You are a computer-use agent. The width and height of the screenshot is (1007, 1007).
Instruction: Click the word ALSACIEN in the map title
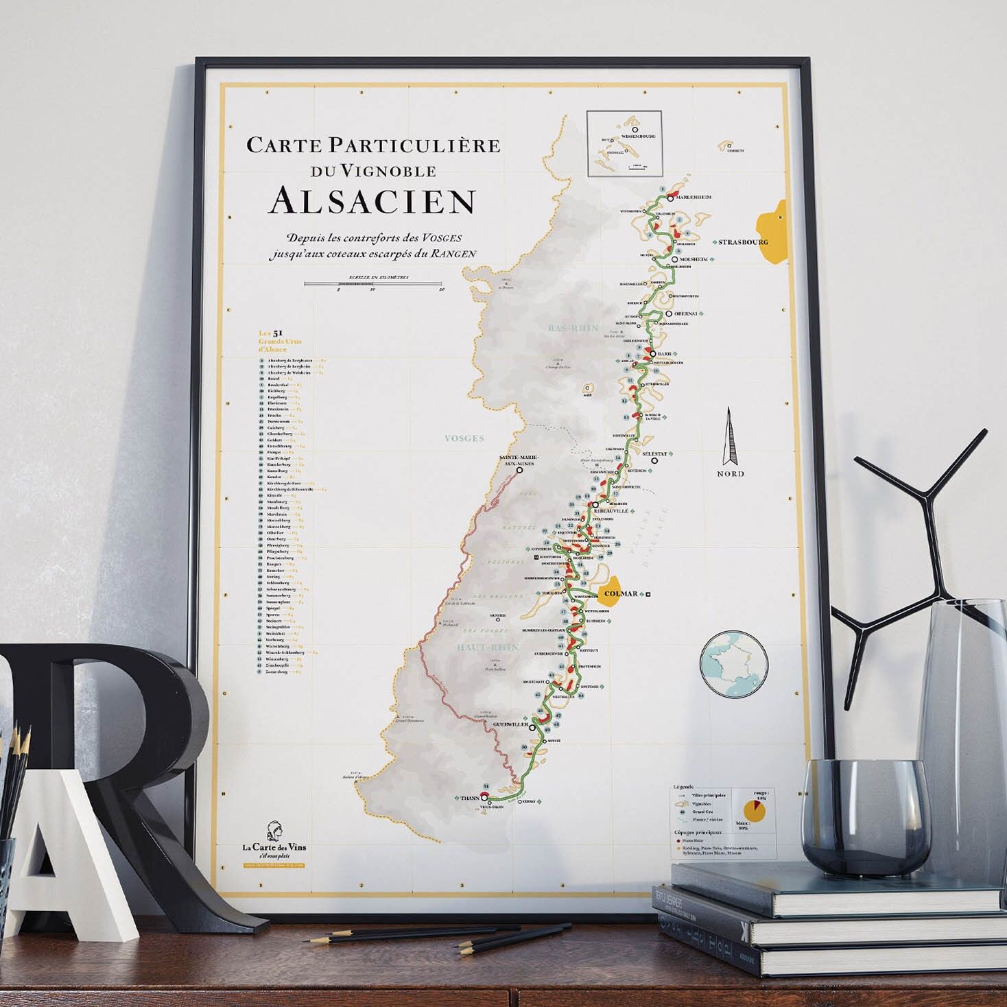[372, 200]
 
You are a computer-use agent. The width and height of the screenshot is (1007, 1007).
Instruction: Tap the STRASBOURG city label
[743, 242]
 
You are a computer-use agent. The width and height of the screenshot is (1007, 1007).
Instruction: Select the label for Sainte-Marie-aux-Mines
[519, 460]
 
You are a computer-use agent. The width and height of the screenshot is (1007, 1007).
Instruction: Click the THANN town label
[470, 798]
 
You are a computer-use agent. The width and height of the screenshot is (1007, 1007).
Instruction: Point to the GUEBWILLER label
[511, 724]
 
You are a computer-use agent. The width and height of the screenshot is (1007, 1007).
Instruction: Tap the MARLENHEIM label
[694, 197]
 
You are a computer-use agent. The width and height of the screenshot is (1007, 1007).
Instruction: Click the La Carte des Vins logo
[274, 840]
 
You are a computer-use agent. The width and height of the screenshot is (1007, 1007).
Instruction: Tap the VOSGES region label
[464, 438]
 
